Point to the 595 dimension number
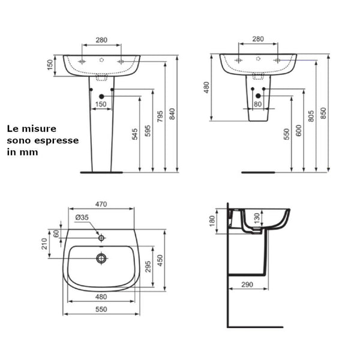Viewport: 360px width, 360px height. tap(148, 131)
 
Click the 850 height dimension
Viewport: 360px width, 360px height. tap(324, 113)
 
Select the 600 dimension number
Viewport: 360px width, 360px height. tap(298, 131)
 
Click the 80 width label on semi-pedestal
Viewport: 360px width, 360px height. tap(257, 104)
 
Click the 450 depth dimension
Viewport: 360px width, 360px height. tap(160, 259)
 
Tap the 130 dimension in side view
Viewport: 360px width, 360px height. tap(257, 217)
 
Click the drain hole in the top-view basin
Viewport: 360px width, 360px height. tap(101, 259)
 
